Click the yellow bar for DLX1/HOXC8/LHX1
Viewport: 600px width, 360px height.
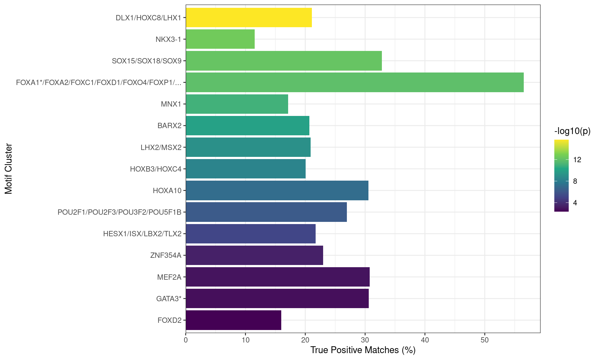(249, 17)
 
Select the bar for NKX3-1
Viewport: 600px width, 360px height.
(220, 39)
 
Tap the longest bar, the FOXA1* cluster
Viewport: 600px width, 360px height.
(355, 82)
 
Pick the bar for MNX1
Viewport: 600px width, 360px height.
(237, 104)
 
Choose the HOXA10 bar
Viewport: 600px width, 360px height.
(277, 190)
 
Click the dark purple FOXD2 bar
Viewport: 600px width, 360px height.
(233, 320)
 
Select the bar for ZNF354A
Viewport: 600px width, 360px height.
(254, 255)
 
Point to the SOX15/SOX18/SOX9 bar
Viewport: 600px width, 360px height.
(284, 61)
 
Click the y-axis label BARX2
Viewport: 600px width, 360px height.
(169, 126)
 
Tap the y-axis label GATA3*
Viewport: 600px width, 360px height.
(169, 299)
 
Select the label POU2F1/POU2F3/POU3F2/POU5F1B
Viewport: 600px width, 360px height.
(119, 212)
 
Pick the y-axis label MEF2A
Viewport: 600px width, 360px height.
(169, 277)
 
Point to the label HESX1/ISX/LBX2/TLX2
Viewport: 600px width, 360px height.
(142, 234)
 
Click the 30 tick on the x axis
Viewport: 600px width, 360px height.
(365, 340)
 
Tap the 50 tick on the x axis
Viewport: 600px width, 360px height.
(484, 340)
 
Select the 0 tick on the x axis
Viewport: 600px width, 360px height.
(186, 340)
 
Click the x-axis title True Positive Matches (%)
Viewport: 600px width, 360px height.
(363, 350)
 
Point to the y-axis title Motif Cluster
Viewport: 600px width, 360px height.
(9, 169)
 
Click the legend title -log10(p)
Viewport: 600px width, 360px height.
(572, 131)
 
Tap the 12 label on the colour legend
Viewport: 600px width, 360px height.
(577, 160)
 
